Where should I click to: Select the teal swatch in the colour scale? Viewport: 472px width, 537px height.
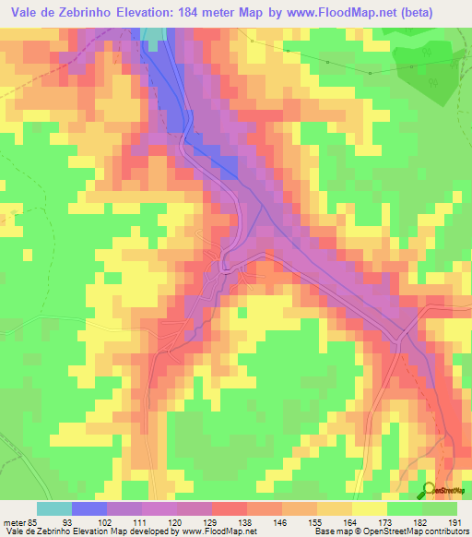point(54,508)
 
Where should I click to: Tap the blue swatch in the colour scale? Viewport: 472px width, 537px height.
point(89,508)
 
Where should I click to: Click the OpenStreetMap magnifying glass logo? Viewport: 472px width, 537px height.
point(429,489)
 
